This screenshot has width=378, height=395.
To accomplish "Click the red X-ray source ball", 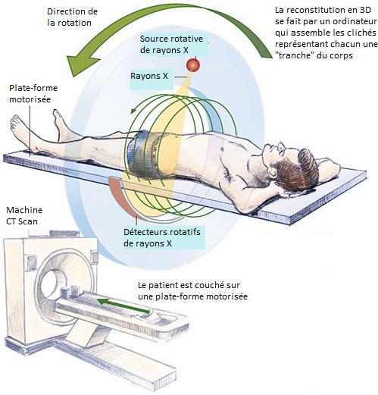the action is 193,65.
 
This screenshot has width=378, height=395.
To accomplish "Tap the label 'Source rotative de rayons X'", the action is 171,45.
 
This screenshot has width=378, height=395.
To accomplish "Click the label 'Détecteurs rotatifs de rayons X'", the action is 162,237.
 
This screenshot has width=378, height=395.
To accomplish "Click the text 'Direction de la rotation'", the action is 72,17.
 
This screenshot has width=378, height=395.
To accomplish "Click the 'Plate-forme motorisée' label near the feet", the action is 33,93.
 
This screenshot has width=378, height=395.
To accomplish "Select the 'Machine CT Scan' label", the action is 24,215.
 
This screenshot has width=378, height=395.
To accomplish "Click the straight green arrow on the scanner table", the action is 123,306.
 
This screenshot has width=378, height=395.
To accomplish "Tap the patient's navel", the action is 222,149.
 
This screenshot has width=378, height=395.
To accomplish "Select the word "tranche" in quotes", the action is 295,55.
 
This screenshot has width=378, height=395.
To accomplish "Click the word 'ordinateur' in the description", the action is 355,21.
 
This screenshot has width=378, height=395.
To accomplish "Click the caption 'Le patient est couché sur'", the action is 189,285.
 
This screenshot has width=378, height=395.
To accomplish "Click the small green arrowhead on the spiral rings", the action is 133,111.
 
